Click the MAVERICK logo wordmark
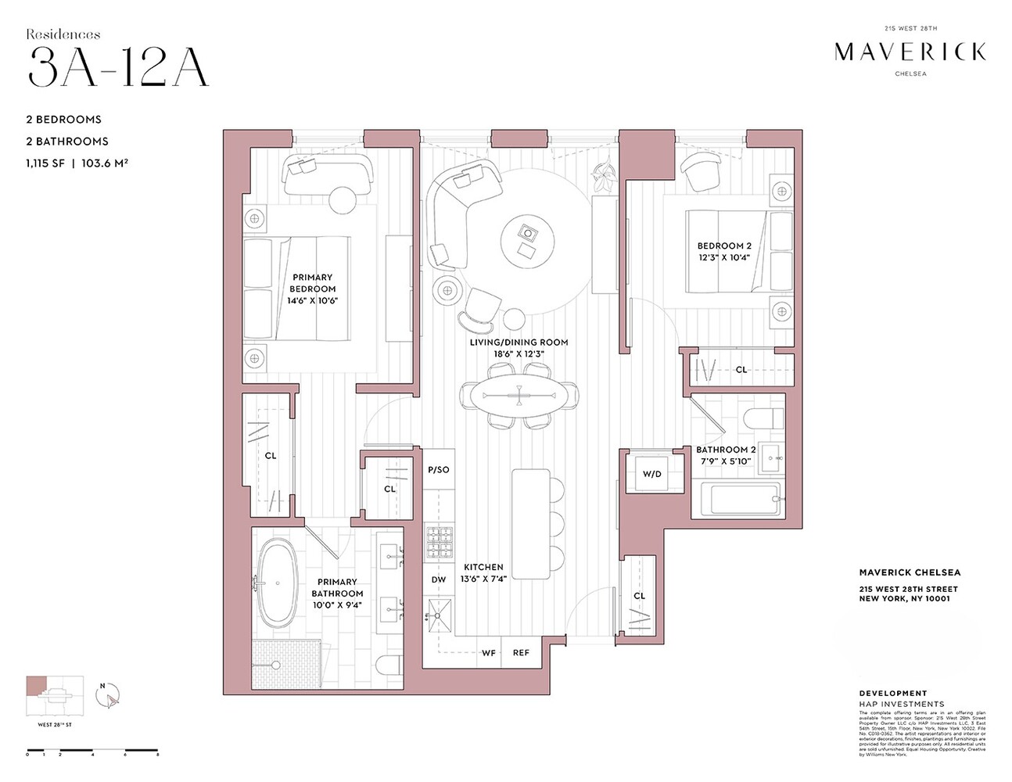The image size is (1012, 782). tap(910, 52)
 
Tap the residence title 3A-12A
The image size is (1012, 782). tap(118, 67)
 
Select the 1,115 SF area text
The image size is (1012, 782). tap(45, 163)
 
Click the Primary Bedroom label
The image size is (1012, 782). tap(313, 289)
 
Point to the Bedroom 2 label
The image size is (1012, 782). tap(724, 251)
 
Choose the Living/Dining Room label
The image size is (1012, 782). tap(519, 348)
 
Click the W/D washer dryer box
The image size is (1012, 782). tap(651, 474)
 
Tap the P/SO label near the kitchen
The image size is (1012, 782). tap(439, 470)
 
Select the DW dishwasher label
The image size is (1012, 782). tap(439, 579)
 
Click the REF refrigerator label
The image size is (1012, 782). tap(521, 653)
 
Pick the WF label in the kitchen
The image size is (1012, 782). tap(489, 653)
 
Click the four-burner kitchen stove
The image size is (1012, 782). tap(440, 543)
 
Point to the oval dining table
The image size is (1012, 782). tap(519, 394)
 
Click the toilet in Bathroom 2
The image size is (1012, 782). tap(763, 418)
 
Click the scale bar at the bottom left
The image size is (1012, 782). tap(92, 752)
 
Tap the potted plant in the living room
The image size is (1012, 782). tap(604, 175)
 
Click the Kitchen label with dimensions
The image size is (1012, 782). tap(483, 573)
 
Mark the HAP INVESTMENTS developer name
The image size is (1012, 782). tap(901, 704)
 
